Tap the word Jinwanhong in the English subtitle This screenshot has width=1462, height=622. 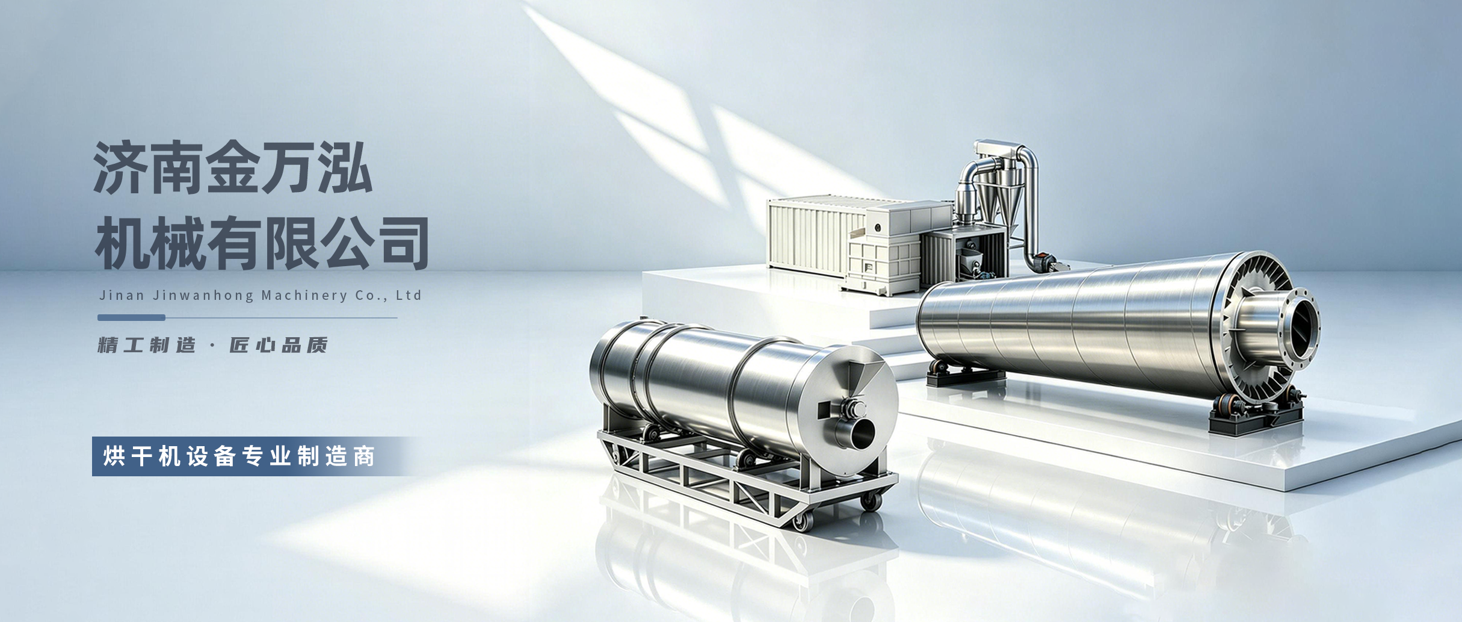point(203,296)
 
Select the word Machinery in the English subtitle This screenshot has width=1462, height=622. point(304,296)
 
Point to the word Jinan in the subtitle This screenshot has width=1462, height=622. point(122,296)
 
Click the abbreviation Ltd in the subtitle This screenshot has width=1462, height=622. point(409,295)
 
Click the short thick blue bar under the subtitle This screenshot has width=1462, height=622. point(131,317)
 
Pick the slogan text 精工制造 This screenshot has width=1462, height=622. point(147,345)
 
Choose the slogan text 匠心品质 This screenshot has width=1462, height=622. point(279,345)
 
